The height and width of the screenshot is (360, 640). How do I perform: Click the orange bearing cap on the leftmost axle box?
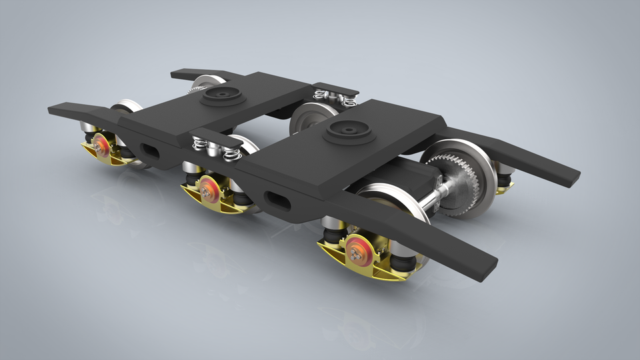point(103,145)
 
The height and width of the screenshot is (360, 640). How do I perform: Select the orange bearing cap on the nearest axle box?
point(358,248)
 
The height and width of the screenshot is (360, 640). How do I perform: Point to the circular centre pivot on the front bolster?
point(349,130)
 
